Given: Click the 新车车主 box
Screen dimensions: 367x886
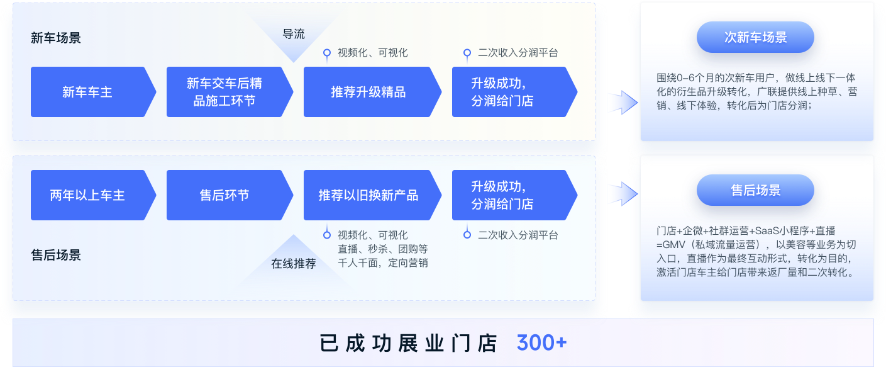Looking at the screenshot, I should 88,92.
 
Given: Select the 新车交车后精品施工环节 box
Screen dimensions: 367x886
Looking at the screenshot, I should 224,92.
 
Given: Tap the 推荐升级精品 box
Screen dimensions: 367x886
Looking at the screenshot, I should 368,92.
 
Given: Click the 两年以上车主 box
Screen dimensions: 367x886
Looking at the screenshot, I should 88,195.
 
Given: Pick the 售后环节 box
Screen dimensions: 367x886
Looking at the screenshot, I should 224,195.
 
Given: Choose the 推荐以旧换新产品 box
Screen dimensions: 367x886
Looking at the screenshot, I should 368,195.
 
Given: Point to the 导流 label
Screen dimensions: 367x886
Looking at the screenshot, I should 294,34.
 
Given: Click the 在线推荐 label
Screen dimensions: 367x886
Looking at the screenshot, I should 294,263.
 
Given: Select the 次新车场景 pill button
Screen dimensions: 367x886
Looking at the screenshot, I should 755,37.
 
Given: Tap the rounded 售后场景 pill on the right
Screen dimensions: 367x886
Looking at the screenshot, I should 755,190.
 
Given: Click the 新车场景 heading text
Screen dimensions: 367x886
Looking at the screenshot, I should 56,38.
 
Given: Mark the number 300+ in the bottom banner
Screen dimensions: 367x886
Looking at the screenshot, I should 541,343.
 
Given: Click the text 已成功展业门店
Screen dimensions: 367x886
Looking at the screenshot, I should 409,344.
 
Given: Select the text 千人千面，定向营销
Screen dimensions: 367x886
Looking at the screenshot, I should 382,263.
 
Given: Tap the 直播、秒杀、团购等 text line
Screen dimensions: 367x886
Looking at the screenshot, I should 382,249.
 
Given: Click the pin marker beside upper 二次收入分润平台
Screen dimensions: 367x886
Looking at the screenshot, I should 467,54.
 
